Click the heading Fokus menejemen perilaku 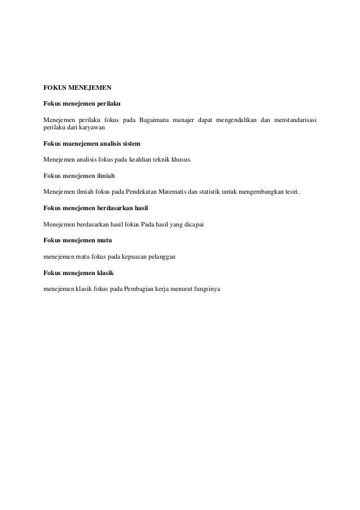[82, 104]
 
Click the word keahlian [148, 160]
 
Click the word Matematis [175, 193]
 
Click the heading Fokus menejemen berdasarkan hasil [95, 208]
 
